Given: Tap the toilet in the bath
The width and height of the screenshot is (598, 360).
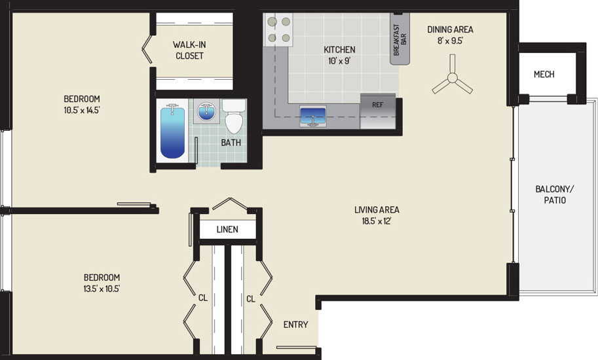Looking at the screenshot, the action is (x=234, y=117).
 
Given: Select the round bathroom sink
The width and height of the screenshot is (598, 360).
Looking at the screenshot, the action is (x=206, y=111).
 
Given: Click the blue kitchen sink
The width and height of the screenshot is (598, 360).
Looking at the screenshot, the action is (x=312, y=116).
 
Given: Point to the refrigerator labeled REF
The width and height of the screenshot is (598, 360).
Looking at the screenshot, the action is (x=377, y=111).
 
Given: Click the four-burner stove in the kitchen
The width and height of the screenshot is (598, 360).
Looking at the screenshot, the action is (x=278, y=29).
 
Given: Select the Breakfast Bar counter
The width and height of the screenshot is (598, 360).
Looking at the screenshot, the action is (x=400, y=39).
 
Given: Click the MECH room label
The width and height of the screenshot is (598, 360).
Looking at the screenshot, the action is (x=544, y=74).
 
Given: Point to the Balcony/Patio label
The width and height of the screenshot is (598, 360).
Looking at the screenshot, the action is (x=555, y=194).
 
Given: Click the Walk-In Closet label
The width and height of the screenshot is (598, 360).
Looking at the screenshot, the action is (x=189, y=50).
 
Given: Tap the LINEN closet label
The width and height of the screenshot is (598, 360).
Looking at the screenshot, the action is (x=227, y=229).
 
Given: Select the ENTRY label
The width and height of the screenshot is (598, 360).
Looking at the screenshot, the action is (x=295, y=325).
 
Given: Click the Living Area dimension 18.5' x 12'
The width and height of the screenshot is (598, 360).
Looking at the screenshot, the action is (x=377, y=221).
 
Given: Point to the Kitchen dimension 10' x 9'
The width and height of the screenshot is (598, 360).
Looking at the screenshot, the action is (x=339, y=61).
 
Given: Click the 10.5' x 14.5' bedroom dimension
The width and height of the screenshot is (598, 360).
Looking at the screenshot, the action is (x=82, y=111).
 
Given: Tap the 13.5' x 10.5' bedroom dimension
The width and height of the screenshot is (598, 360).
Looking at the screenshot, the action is (x=102, y=289).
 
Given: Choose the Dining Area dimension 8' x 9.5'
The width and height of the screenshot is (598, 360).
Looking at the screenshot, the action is (x=450, y=41).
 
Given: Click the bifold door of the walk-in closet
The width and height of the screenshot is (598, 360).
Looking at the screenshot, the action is (x=147, y=49).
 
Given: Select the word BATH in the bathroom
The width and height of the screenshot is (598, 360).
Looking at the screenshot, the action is (x=231, y=143).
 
